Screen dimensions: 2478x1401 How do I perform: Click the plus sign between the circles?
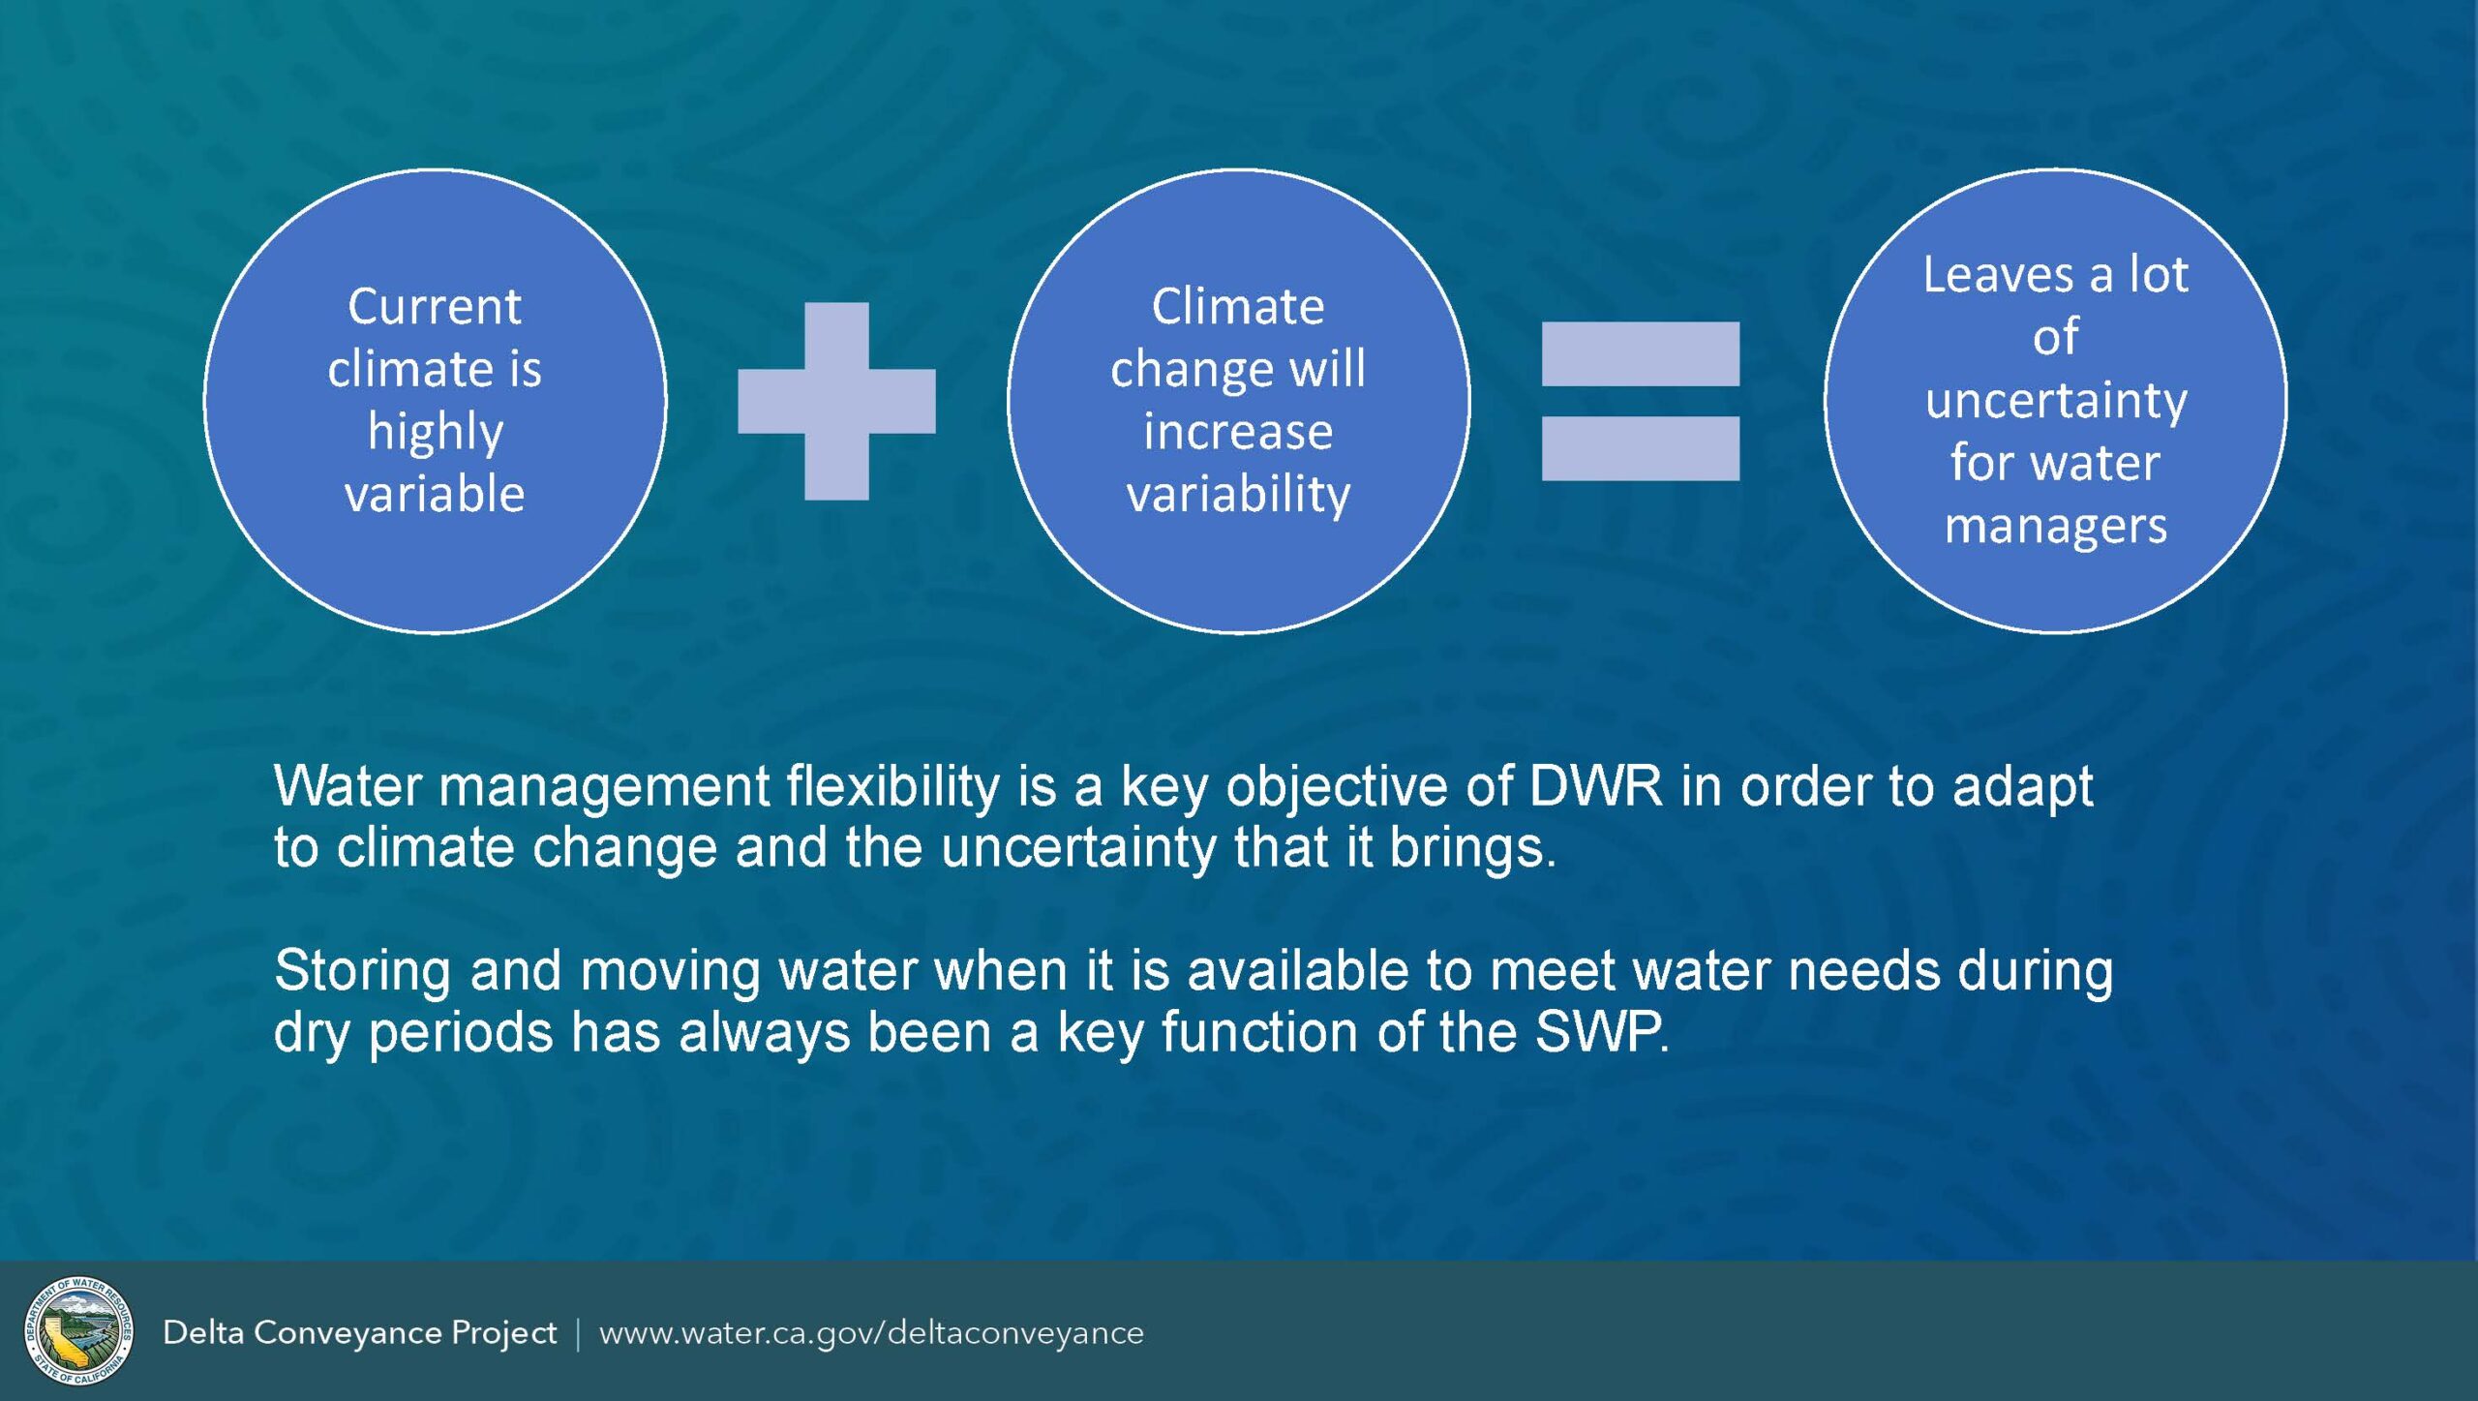click(836, 401)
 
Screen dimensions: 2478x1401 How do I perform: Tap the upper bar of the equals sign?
click(1640, 353)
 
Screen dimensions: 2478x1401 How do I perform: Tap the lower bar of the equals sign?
click(1640, 448)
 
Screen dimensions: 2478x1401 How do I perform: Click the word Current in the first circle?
click(435, 307)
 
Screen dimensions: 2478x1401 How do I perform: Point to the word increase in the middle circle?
click(1238, 432)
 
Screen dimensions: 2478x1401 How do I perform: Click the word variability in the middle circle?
click(1238, 495)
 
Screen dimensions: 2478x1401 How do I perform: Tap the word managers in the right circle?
click(2056, 528)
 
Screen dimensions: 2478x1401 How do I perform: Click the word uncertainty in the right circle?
click(2056, 401)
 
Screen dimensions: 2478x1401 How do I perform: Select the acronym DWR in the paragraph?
click(1595, 785)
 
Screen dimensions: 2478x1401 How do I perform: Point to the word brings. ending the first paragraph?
click(1473, 848)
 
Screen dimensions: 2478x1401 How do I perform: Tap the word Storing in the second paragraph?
click(363, 971)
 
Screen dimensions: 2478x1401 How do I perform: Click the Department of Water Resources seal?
click(79, 1330)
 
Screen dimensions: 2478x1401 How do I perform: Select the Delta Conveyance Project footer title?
click(360, 1333)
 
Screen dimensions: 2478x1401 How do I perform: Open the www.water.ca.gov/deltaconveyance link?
click(871, 1333)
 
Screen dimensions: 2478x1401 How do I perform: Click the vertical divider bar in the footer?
click(579, 1333)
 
